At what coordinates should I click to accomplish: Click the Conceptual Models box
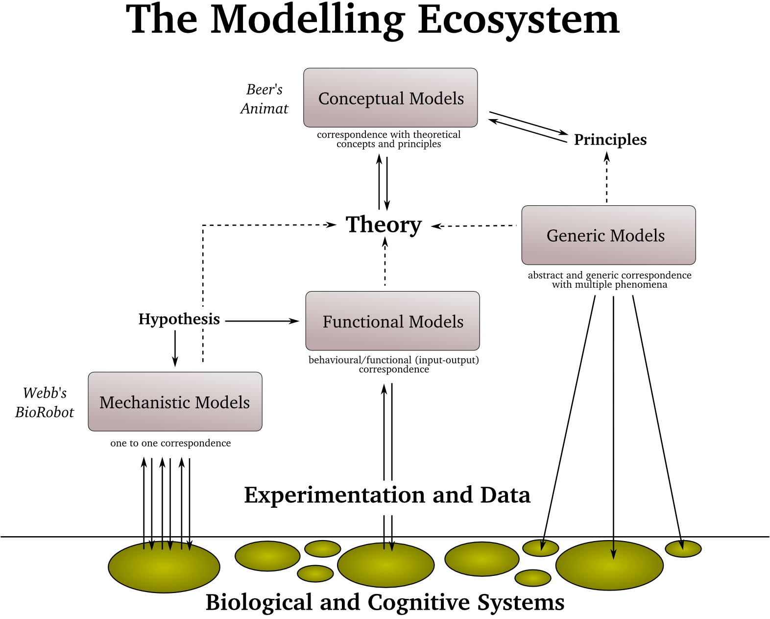click(x=390, y=98)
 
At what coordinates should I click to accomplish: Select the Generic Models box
click(x=608, y=235)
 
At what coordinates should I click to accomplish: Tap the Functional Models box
click(x=392, y=321)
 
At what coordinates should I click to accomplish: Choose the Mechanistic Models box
click(x=175, y=402)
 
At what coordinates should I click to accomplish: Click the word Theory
click(x=384, y=224)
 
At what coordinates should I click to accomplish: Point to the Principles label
click(x=610, y=140)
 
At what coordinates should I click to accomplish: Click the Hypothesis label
click(x=179, y=319)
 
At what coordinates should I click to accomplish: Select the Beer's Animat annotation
click(x=265, y=99)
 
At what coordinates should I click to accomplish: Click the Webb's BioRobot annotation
click(x=44, y=402)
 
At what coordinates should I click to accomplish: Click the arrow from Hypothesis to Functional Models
click(x=262, y=321)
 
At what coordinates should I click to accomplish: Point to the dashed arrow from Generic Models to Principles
click(x=606, y=177)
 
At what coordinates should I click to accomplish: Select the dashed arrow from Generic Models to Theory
click(x=474, y=226)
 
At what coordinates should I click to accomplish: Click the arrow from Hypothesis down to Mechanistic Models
click(x=175, y=348)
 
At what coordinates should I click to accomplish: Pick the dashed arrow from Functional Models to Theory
click(x=385, y=265)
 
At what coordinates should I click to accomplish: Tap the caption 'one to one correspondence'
click(x=170, y=443)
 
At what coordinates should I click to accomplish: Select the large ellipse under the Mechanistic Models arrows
click(x=164, y=569)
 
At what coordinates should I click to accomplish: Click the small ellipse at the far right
click(x=683, y=549)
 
